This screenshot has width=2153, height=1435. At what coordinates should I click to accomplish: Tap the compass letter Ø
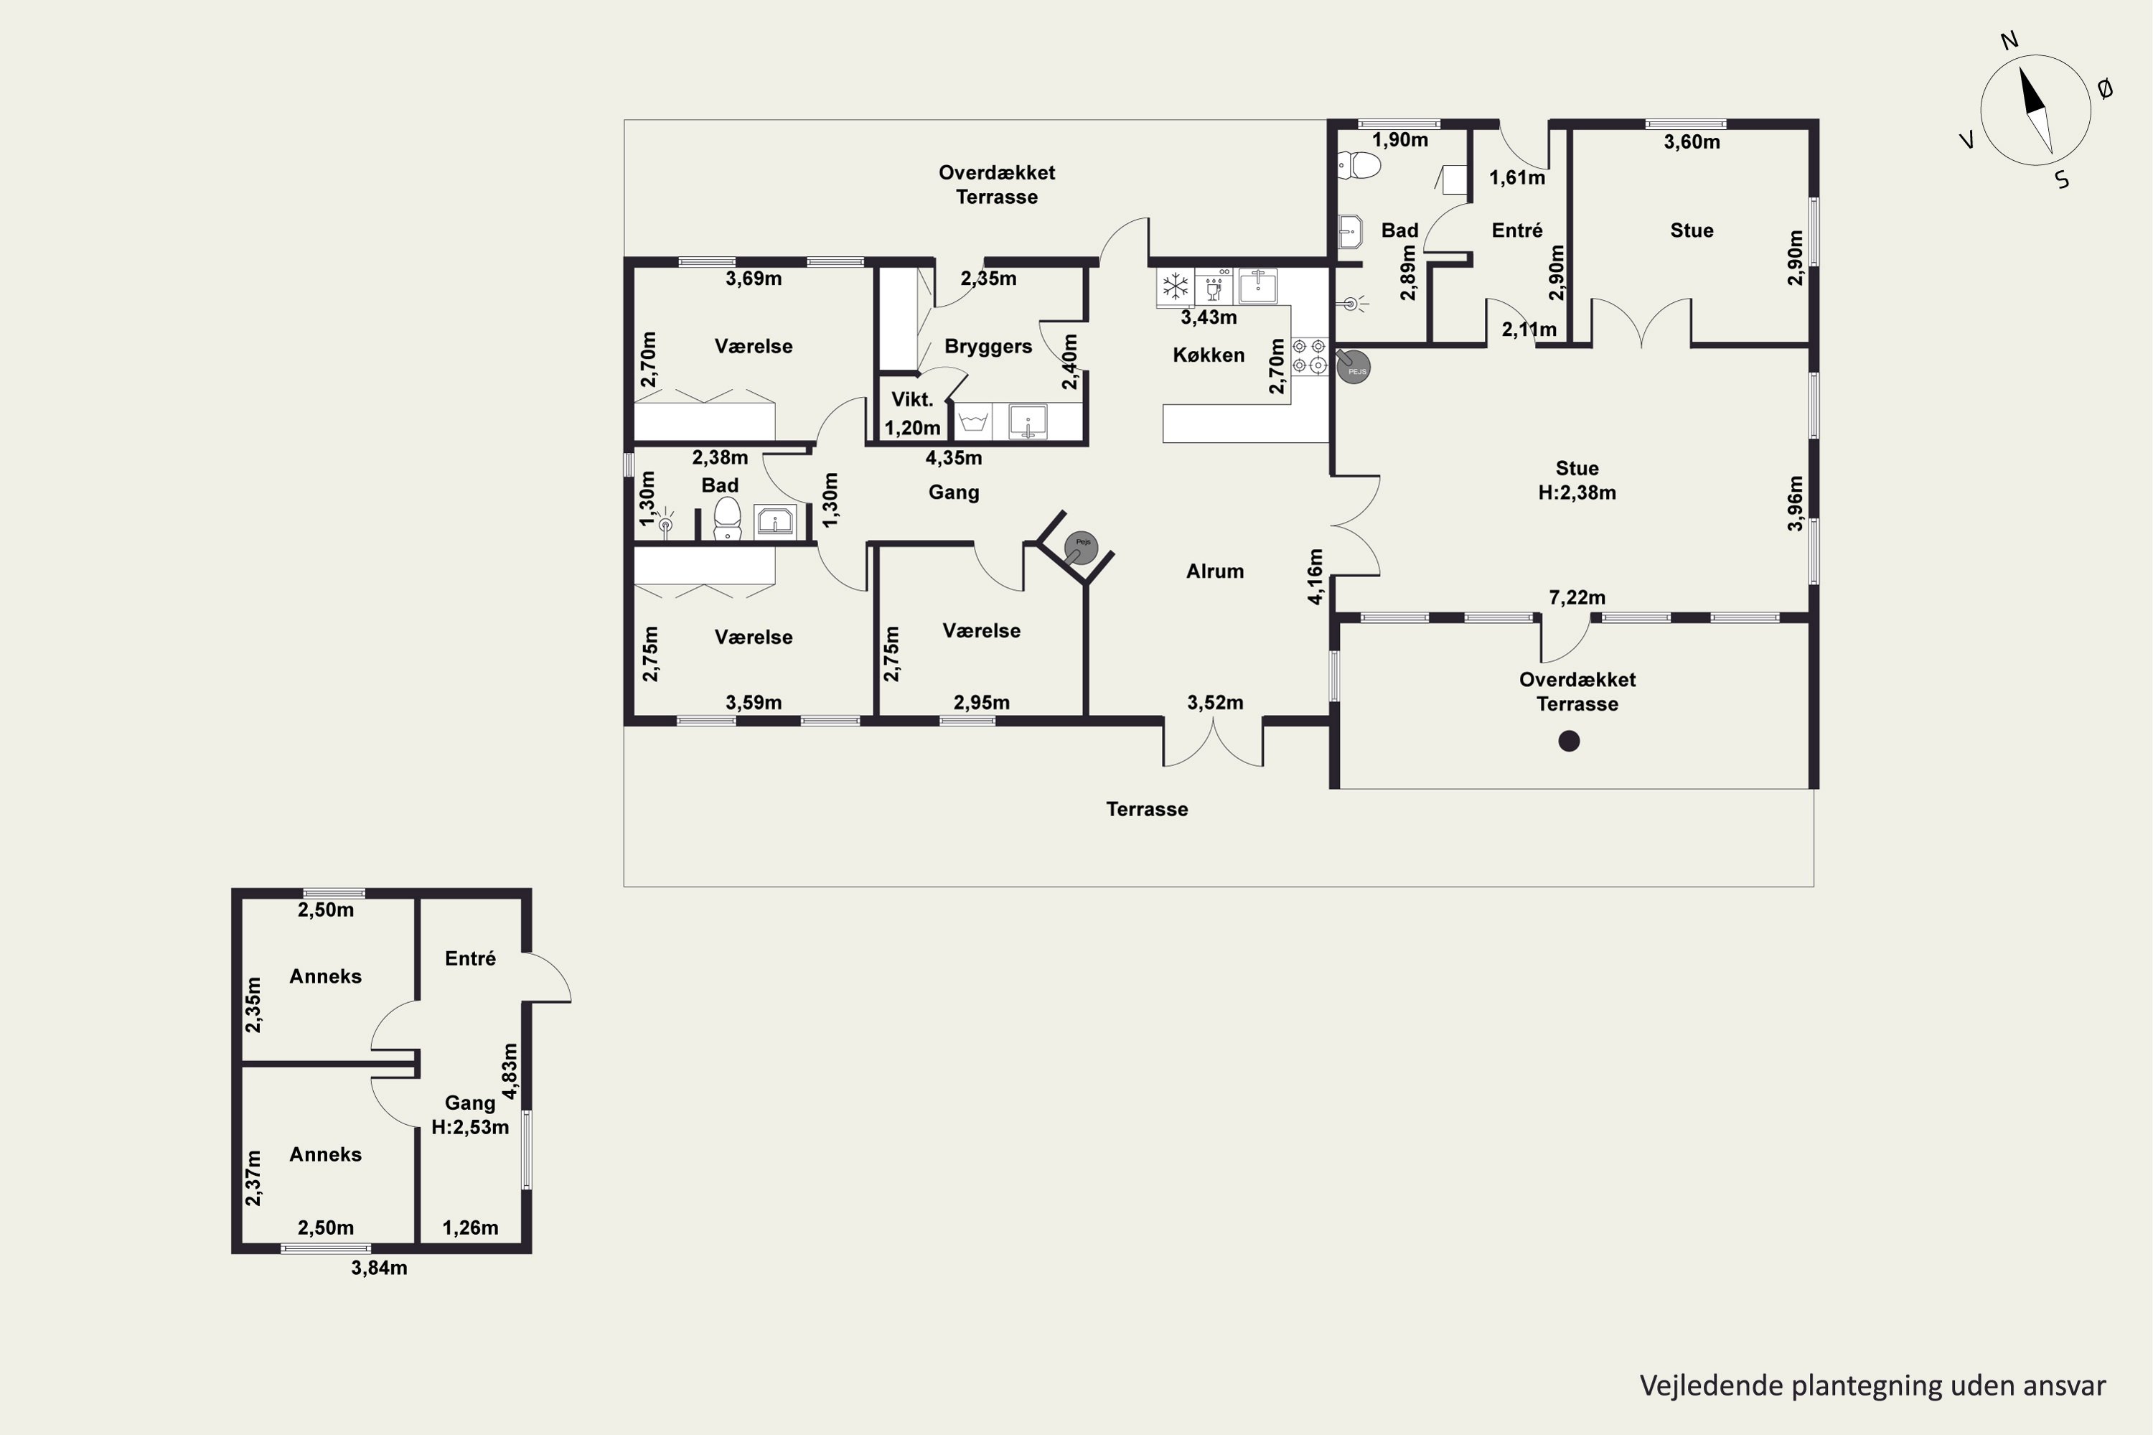coord(2104,89)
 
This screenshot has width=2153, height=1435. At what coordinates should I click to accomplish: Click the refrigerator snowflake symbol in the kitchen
coord(1175,286)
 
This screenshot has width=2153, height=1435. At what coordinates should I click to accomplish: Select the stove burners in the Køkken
coord(1309,356)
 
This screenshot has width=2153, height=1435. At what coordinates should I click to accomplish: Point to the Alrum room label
coord(1214,571)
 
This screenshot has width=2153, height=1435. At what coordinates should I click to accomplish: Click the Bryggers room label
coord(988,347)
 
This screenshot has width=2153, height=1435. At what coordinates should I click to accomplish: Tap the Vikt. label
coord(912,399)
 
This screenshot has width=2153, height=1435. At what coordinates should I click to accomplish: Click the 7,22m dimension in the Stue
coord(1577,597)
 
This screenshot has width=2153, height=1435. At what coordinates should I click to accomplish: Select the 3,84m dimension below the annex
coord(379,1268)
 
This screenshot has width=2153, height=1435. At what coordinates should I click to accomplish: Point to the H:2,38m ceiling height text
coord(1577,492)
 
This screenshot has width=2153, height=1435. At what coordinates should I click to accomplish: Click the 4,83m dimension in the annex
coord(510,1071)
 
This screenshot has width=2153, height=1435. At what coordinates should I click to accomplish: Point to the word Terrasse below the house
coord(1147,809)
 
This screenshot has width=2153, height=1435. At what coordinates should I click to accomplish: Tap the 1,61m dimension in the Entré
coord(1516,177)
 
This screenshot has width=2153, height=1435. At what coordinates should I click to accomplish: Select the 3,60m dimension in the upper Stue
coord(1691,142)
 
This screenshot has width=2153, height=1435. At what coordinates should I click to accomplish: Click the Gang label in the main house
coord(954,492)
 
